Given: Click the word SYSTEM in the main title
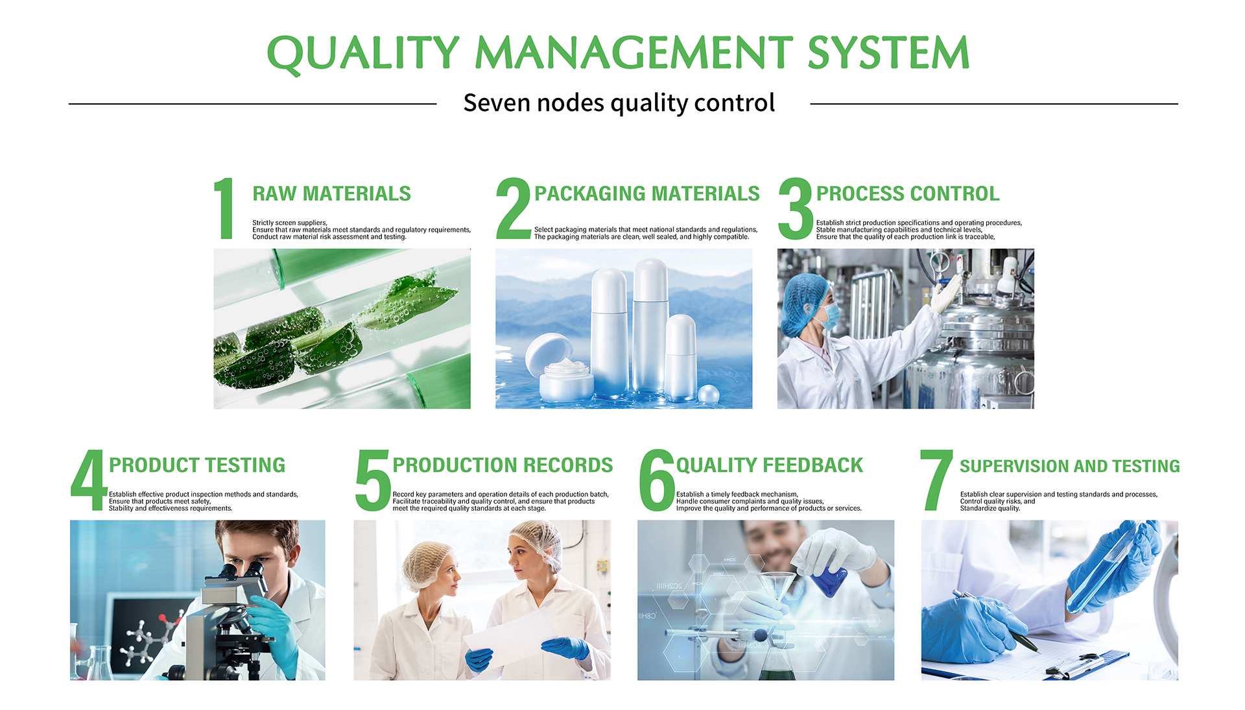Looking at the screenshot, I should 888,53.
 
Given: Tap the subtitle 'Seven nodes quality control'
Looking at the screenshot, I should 619,103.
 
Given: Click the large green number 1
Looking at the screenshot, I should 224,209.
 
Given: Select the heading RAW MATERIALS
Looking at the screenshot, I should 331,193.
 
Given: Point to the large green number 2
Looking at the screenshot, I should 513,209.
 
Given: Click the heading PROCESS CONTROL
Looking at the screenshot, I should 907,193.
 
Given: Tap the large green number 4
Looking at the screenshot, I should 89,480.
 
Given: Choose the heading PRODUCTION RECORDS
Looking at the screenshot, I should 503,465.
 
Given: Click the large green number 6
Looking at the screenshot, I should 657,480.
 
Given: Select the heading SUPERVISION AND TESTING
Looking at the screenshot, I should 1069,466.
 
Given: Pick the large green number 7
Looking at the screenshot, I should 936,480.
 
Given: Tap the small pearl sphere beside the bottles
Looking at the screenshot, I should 708,393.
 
